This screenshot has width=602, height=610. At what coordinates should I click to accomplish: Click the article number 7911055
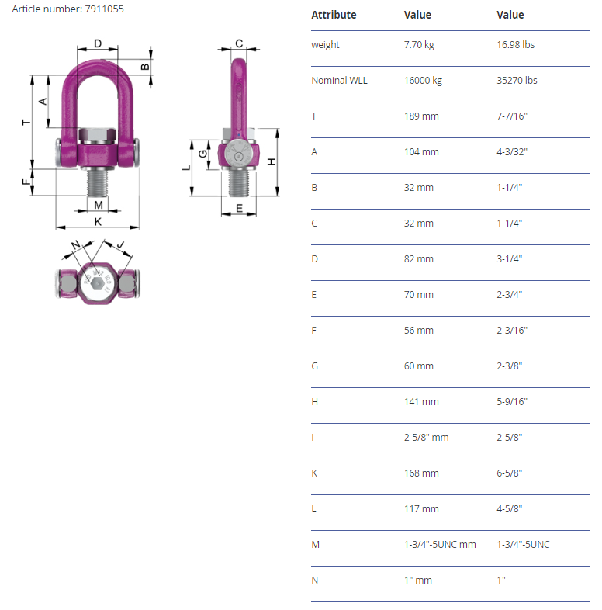pos(104,9)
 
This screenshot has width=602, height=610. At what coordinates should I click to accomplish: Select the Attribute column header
pos(334,15)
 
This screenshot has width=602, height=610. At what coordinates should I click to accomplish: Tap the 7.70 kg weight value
pos(419,45)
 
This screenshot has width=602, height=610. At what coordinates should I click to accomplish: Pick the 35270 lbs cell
pos(517,81)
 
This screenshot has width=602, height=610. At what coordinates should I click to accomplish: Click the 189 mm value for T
pos(421,116)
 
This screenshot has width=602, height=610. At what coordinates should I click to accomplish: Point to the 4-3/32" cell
pos(512,151)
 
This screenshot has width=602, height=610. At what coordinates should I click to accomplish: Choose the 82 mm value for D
pos(418,259)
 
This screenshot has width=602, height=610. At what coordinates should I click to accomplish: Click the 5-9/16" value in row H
pos(512,402)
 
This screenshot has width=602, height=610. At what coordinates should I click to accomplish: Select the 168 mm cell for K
pos(421,473)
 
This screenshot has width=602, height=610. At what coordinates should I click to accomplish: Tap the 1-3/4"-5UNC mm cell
pos(440,545)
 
